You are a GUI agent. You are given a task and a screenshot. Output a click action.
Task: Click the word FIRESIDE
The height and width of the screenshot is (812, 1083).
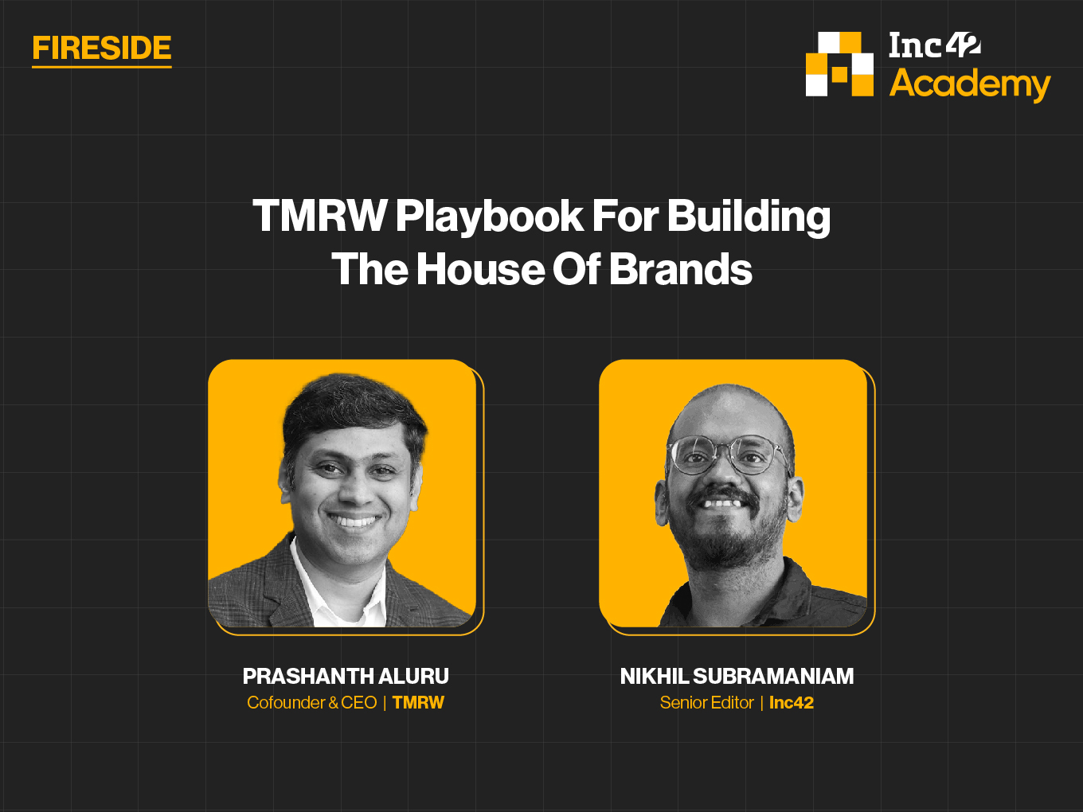102,48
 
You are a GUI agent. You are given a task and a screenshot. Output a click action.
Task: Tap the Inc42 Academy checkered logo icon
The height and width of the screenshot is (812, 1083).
839,64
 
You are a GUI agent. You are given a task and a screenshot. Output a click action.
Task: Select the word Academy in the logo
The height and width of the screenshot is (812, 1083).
970,84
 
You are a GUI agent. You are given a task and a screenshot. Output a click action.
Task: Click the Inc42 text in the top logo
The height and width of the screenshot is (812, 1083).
935,45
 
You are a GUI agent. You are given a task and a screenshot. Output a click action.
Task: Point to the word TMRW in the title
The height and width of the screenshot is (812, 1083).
319,216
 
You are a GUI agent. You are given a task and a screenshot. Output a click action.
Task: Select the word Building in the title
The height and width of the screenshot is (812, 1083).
749,217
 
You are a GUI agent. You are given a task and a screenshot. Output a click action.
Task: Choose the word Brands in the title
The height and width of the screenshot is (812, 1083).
681,269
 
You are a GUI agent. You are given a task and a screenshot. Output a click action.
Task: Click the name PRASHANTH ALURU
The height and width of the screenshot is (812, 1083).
346,676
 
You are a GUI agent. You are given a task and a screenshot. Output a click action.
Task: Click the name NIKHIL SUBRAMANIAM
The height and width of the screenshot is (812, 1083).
737,676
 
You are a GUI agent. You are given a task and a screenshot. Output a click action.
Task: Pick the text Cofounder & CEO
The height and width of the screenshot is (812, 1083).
312,703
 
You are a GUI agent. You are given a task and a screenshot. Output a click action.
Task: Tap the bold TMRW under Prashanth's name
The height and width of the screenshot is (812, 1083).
418,703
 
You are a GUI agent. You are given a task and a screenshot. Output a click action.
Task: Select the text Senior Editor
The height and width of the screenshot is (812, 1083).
707,703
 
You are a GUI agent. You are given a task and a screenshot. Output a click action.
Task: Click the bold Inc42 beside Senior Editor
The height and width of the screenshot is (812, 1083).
792,703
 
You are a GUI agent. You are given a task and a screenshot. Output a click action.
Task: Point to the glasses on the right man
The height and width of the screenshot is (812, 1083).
729,455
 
